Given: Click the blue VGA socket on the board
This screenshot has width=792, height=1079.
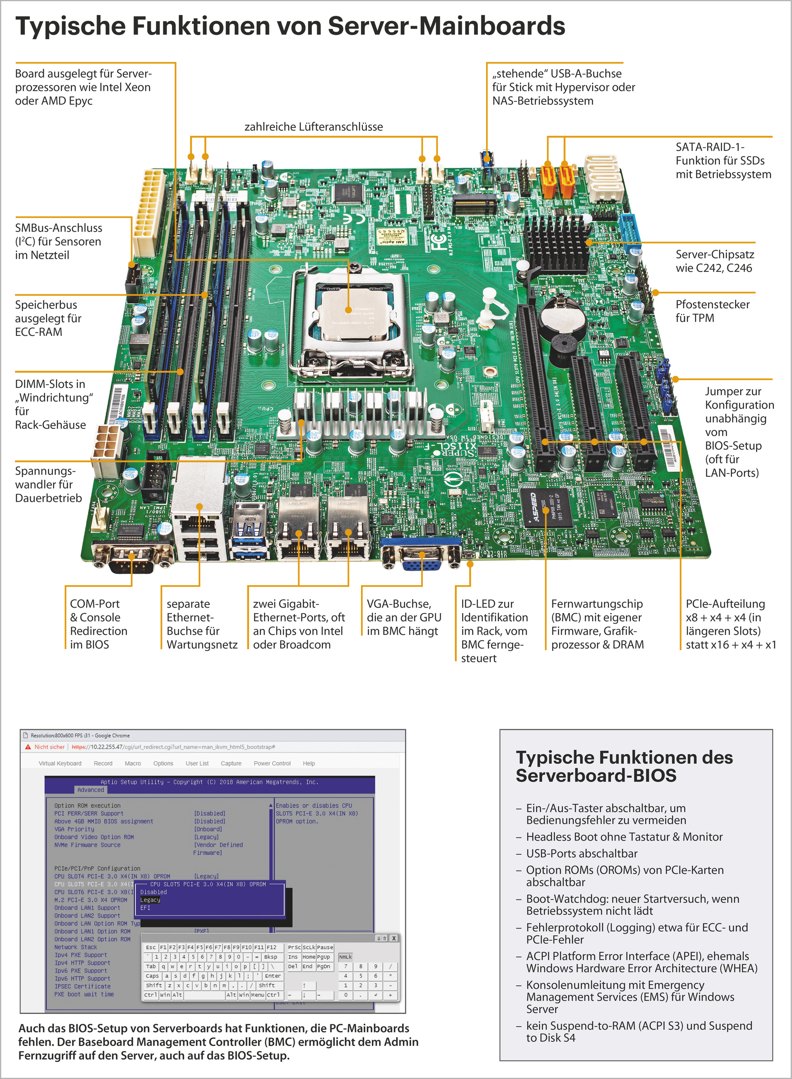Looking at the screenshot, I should coord(421,558).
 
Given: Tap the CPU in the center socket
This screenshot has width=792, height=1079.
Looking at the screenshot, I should coord(349,312).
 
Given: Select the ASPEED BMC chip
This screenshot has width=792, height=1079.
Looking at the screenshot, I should coord(547,508).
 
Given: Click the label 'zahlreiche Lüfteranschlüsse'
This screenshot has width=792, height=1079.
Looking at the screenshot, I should coord(314,126).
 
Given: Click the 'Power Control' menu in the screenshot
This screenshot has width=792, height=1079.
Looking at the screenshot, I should coord(272,763).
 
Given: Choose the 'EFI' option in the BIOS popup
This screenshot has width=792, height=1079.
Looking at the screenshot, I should coord(145,908).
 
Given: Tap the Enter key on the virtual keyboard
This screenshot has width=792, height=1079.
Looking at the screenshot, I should coord(272,976).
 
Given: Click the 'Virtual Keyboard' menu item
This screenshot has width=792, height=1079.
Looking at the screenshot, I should coord(60,763).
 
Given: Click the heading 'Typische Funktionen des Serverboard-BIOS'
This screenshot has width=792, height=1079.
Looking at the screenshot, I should coord(624,766).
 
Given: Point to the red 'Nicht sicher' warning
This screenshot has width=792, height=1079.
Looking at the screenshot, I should coord(49,747).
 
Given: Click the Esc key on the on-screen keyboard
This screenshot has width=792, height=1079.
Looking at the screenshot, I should coord(151,947).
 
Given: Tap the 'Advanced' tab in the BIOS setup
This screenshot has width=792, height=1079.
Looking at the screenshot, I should coord(90,790).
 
